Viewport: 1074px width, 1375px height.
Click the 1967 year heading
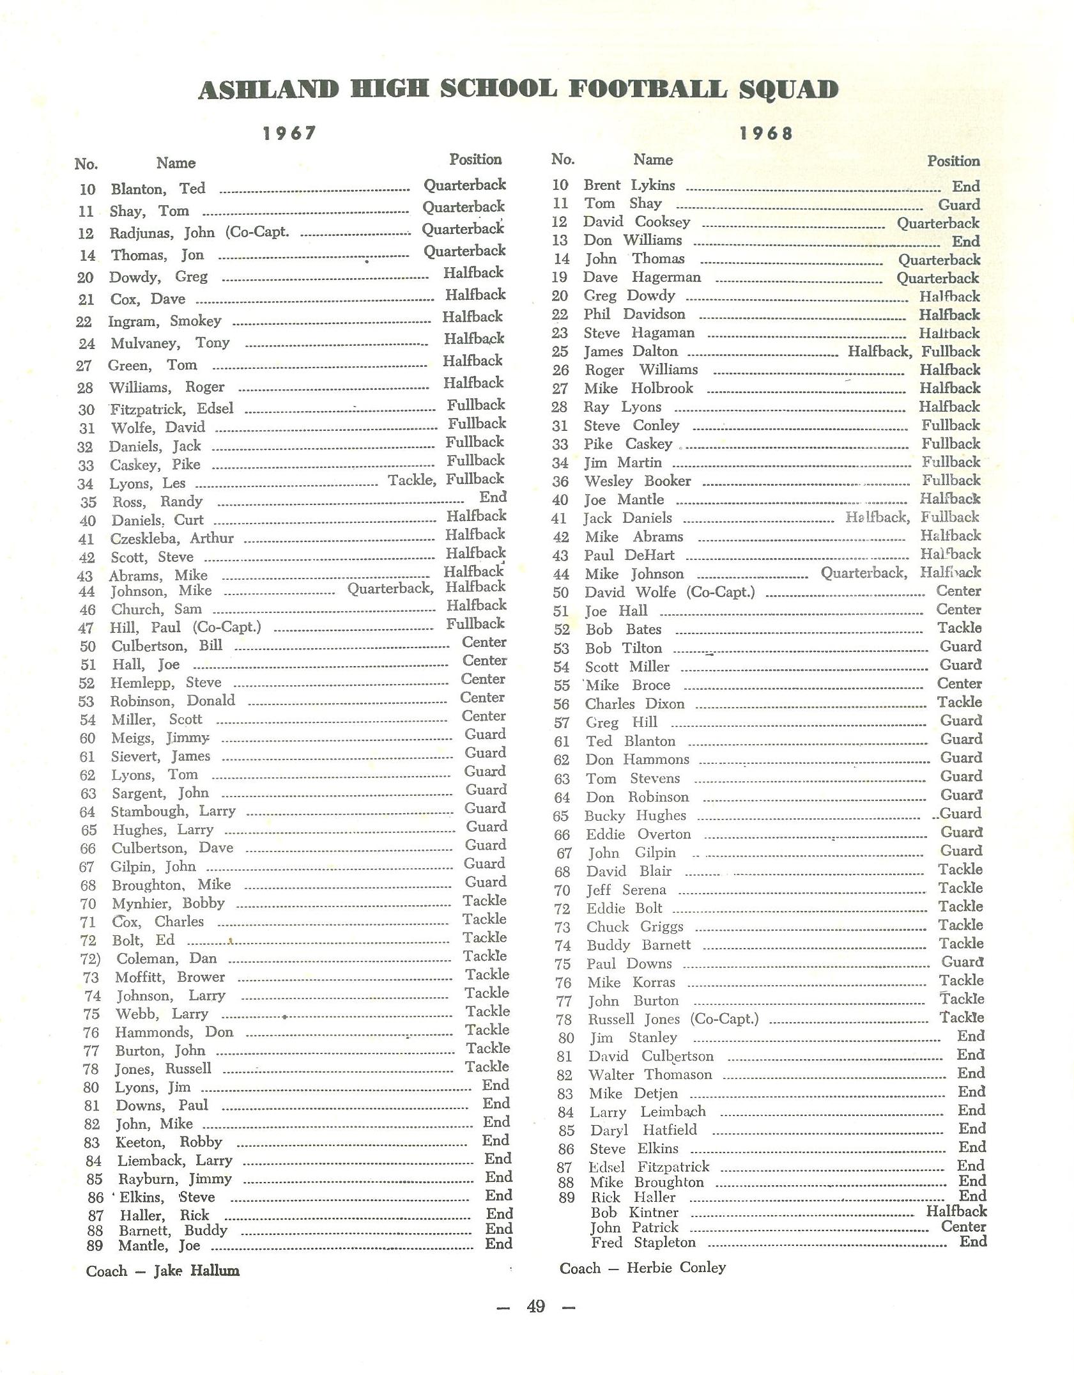(x=289, y=133)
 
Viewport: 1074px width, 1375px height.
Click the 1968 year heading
(x=766, y=134)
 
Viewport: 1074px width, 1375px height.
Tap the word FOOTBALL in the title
(x=647, y=89)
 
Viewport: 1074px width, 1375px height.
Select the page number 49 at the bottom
(x=535, y=1306)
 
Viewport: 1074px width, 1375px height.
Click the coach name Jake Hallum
(x=196, y=1271)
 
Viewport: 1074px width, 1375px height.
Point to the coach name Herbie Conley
(x=676, y=1268)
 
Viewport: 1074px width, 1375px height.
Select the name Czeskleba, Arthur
(x=172, y=538)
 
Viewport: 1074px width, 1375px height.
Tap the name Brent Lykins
(x=629, y=185)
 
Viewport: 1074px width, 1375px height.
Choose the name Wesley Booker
(x=638, y=481)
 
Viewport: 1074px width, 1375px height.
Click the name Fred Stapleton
(x=643, y=1242)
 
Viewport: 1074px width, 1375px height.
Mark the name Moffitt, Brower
(x=170, y=977)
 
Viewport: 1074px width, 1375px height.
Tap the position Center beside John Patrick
(x=963, y=1226)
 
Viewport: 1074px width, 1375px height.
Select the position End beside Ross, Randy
(x=493, y=497)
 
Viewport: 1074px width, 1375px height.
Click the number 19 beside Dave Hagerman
(x=559, y=277)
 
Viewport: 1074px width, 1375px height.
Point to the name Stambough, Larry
(x=173, y=811)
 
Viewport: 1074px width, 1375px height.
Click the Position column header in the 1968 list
(x=953, y=161)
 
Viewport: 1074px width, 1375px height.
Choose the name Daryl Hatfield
(x=643, y=1130)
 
